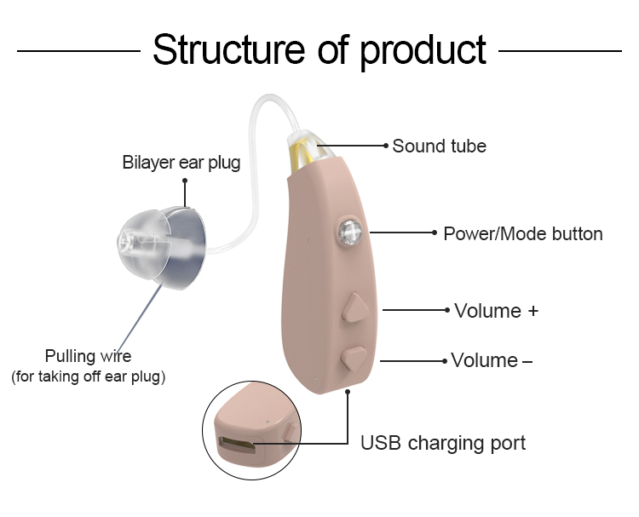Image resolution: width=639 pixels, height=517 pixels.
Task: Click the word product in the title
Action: (423, 51)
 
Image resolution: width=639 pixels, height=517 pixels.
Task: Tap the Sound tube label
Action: (439, 146)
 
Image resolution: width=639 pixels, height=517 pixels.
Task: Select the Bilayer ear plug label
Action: (181, 162)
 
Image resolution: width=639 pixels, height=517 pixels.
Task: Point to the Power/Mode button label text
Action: (522, 233)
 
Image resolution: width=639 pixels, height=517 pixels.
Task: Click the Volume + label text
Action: (496, 310)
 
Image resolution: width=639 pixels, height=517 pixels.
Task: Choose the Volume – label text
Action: (492, 360)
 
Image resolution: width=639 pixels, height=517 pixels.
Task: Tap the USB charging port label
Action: (443, 443)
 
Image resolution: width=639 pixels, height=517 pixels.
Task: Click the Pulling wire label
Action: (88, 356)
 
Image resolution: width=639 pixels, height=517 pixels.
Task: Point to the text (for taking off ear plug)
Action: (88, 376)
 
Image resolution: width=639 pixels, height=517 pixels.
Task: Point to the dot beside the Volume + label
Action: (448, 310)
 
